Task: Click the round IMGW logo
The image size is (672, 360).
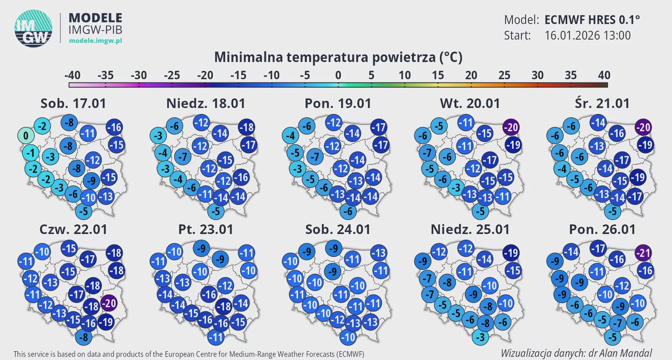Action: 34,28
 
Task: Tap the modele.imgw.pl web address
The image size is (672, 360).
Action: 95,40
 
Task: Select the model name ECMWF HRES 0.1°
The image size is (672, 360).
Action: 592,20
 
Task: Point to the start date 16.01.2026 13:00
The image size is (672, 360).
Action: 587,36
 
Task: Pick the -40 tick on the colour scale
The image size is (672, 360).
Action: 72,76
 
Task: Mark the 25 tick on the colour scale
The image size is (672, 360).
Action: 504,76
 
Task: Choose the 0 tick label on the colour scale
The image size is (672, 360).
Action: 338,76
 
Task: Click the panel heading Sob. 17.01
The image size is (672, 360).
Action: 73,104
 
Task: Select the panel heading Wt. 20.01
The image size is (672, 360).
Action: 470,104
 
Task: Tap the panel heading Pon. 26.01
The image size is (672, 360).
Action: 602,230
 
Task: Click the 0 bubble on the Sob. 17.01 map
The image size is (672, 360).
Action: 26,136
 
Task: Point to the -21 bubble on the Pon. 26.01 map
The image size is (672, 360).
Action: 643,253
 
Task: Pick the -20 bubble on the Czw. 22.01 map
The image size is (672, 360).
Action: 108,303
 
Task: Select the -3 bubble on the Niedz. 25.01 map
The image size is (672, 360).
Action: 480,337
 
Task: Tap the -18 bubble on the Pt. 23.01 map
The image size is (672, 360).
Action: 223,306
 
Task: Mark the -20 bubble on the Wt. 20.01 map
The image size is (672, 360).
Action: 511,128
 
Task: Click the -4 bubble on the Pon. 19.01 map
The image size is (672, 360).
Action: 290,136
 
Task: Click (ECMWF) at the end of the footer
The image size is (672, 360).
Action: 350,354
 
